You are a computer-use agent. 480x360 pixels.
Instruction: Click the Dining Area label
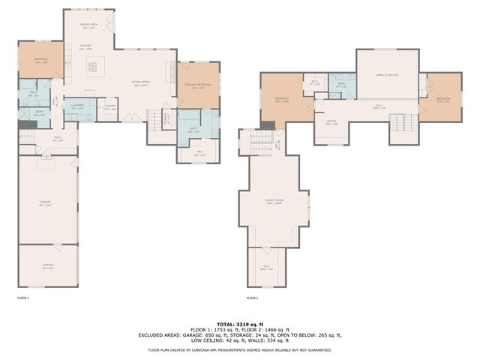point(91,26)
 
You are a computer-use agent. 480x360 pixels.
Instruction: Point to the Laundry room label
point(77,107)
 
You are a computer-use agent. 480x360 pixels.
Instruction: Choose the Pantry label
point(109,107)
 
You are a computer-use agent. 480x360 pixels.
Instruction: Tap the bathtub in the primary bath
point(188,120)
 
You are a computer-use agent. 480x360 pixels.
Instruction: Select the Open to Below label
point(386,75)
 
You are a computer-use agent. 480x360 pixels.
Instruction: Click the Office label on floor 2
point(331,122)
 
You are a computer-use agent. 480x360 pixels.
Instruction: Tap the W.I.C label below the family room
point(266,267)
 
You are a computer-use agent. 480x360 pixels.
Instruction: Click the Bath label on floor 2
point(341,85)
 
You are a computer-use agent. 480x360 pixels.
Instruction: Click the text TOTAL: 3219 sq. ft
point(239,322)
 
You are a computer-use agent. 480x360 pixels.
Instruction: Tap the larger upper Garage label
point(46,203)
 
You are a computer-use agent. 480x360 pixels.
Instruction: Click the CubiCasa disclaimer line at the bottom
point(239,349)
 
